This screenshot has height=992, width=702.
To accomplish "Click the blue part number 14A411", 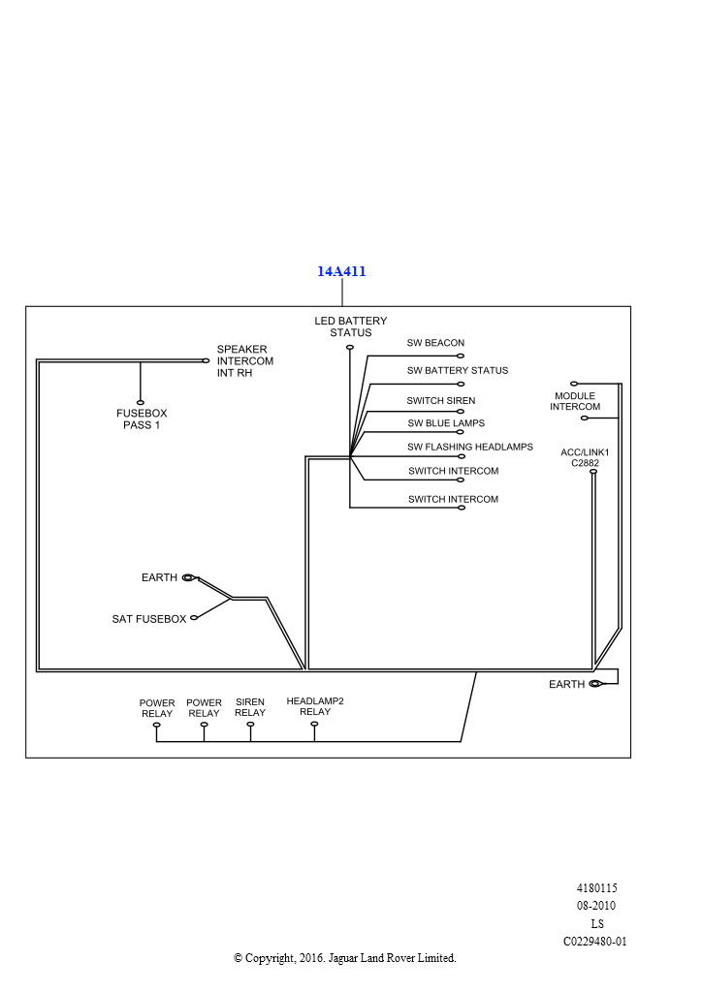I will click(x=341, y=271).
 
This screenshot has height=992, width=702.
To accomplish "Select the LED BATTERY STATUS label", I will click(x=350, y=326).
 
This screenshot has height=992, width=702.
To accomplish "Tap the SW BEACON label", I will click(x=435, y=343).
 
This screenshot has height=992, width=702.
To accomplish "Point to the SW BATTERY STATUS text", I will click(x=457, y=370).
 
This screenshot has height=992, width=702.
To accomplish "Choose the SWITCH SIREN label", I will click(x=440, y=400).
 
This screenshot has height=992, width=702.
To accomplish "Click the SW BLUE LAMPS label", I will click(x=446, y=423).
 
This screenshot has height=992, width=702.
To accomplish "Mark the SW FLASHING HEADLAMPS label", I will click(x=470, y=447).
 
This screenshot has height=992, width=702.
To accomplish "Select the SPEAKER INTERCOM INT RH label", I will click(x=244, y=360).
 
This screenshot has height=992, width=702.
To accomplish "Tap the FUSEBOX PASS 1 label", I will click(x=142, y=418).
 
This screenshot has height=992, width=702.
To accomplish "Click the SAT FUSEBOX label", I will click(x=148, y=618).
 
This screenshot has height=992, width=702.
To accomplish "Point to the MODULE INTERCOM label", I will click(x=575, y=401).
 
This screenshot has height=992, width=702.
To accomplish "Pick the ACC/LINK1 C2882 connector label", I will click(x=585, y=457).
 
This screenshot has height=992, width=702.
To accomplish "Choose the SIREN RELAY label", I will click(x=250, y=708).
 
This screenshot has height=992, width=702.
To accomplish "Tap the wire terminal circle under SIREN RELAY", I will click(x=250, y=725).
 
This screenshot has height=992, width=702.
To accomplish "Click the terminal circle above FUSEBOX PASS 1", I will click(x=141, y=402).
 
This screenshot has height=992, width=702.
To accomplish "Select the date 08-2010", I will click(x=596, y=906).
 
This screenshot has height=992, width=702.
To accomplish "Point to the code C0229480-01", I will click(x=595, y=941).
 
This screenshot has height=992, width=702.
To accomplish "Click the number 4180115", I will click(x=596, y=887).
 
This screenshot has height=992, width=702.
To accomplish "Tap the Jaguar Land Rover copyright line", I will click(x=344, y=958).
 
